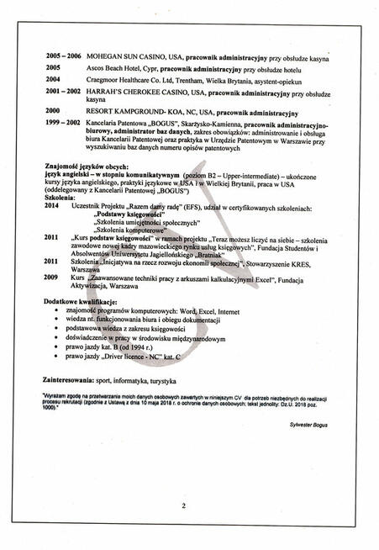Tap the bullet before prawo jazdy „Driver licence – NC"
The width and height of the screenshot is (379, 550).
56,356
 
